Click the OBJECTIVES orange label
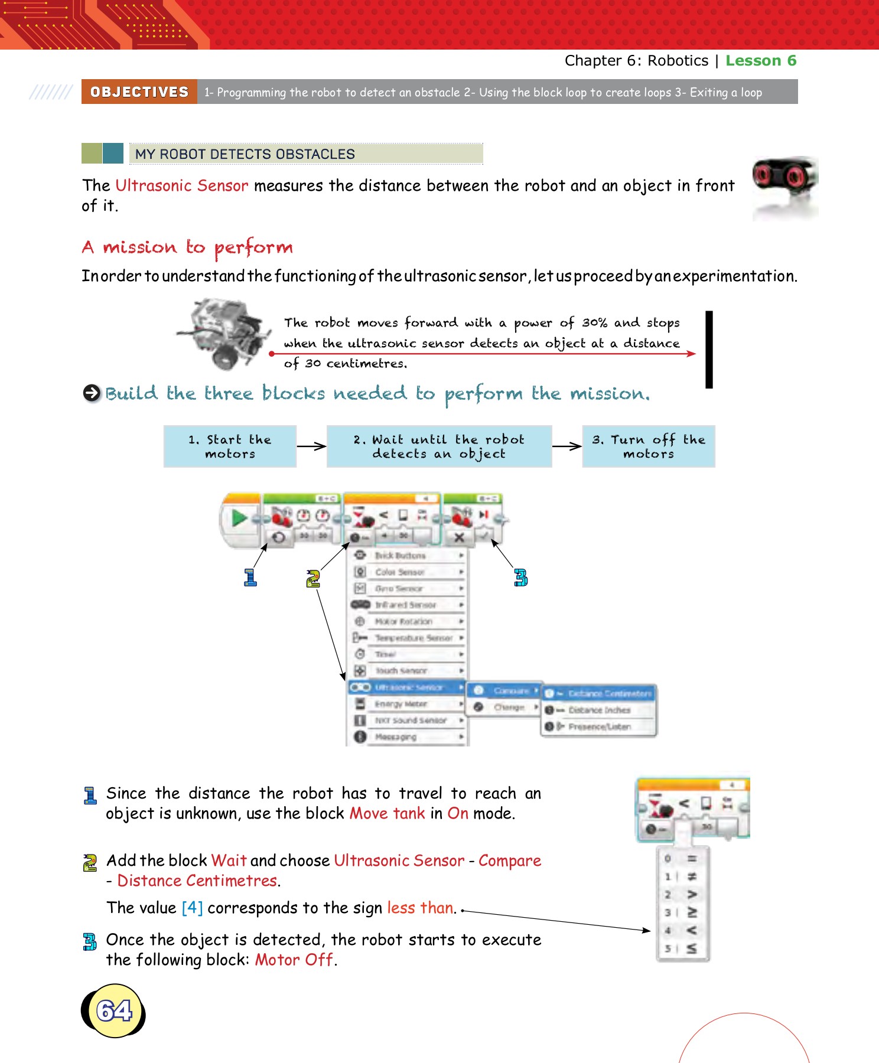[139, 92]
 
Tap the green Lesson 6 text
[761, 61]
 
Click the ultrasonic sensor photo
[784, 188]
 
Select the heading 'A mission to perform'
[187, 247]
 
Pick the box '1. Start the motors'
[230, 446]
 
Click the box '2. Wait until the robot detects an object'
[439, 446]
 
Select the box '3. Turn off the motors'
[649, 446]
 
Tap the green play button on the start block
[239, 518]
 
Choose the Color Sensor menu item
[399, 572]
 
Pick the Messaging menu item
[395, 737]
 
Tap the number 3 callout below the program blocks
[520, 578]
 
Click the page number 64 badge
[114, 1010]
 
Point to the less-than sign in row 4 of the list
[691, 930]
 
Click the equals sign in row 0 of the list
[691, 858]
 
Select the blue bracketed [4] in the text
[192, 908]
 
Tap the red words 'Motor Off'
[294, 960]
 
